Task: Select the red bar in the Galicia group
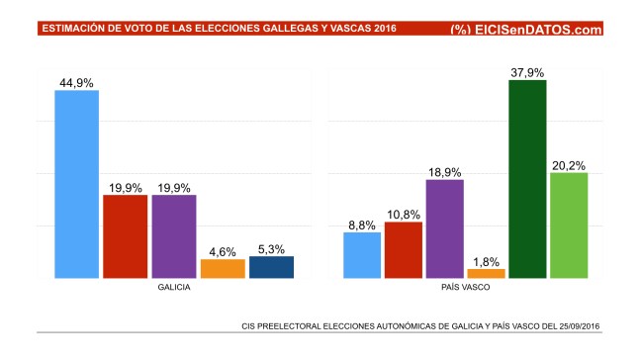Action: tap(125, 236)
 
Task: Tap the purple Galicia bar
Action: tap(174, 236)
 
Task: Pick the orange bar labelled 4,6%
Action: tap(223, 268)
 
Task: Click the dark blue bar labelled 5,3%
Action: tap(271, 267)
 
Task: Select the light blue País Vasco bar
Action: tap(362, 255)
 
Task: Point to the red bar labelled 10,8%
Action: tap(404, 250)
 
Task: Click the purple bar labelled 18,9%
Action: tap(444, 228)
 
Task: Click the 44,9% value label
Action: tap(75, 83)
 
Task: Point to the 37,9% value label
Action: tap(527, 71)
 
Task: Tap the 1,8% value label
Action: tap(486, 260)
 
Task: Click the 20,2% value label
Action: tap(569, 165)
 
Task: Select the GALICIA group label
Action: tap(173, 290)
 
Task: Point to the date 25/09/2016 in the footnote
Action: tap(580, 325)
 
